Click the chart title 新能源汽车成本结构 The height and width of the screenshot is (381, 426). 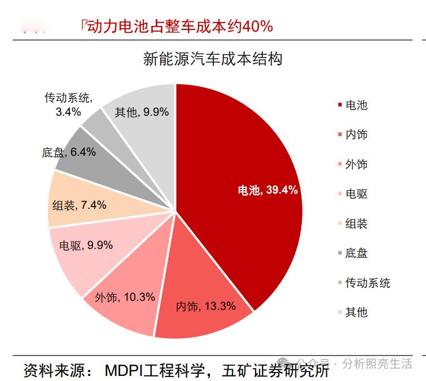tap(213, 60)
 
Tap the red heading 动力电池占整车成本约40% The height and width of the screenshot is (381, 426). tap(178, 26)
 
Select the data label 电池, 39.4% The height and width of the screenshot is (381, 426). tap(267, 190)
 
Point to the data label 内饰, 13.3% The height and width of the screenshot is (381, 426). tap(205, 306)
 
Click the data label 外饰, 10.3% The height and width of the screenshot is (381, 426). tap(125, 297)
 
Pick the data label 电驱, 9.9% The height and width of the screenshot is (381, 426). tap(86, 245)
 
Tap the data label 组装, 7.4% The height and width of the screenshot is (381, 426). tap(79, 205)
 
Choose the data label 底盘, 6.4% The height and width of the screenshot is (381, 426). tap(68, 152)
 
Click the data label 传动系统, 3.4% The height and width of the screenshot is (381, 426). tap(68, 104)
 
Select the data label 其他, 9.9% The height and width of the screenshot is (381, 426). tap(142, 112)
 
